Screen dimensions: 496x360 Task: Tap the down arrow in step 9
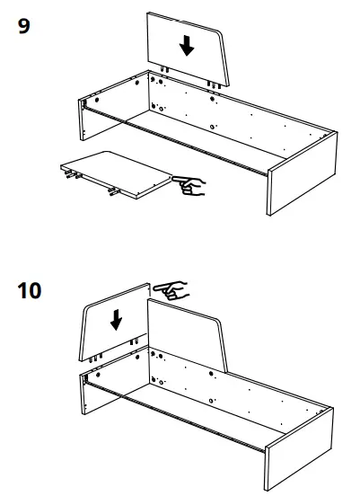pos(186,45)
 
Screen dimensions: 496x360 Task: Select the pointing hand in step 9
pos(190,186)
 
